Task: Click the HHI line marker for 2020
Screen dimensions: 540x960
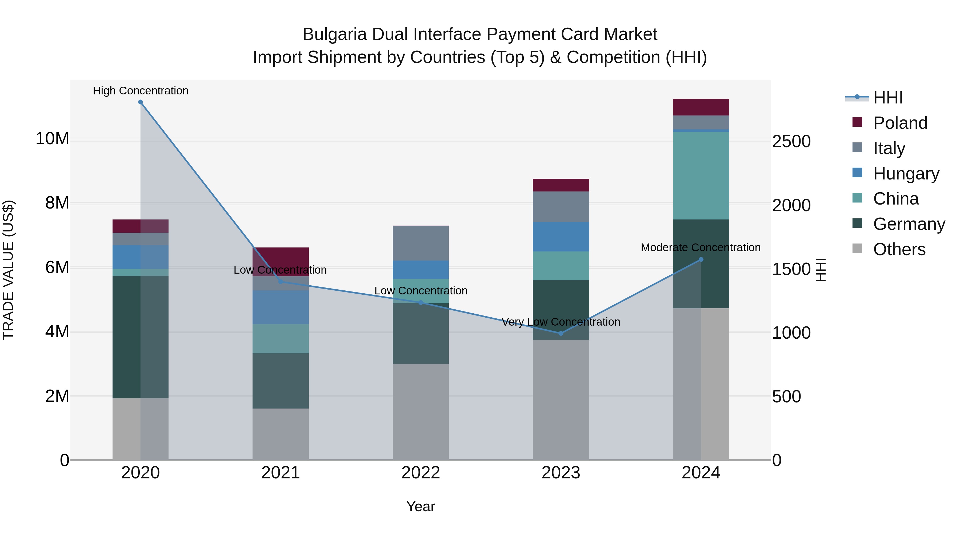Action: pos(141,102)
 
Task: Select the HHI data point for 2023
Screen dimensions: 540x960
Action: pos(561,333)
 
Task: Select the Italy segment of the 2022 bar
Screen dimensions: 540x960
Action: pos(421,243)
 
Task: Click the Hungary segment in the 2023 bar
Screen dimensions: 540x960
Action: pos(561,237)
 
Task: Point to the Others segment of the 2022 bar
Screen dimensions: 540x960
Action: pos(421,412)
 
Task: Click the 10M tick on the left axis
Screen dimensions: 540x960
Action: pos(52,139)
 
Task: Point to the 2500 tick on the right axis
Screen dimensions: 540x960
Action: pos(791,142)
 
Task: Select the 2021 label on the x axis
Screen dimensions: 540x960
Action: pos(280,473)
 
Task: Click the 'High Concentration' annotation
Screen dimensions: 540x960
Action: pos(141,91)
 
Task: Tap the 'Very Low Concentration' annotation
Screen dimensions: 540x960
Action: pos(561,322)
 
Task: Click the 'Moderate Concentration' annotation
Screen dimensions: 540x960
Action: pos(701,247)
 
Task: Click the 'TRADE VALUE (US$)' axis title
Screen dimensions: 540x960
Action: pos(8,270)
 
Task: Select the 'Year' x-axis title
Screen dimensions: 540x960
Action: pos(421,506)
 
